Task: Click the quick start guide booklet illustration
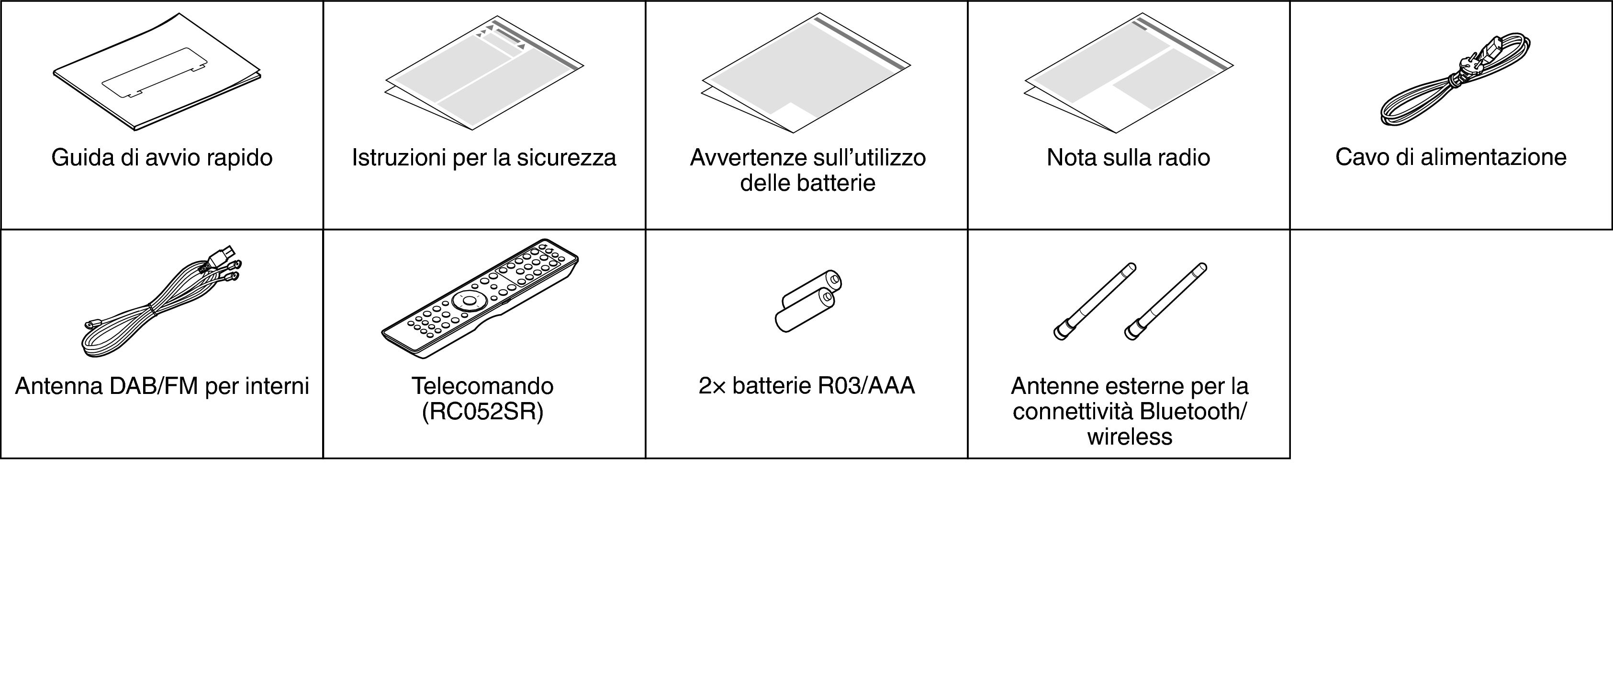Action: (x=157, y=72)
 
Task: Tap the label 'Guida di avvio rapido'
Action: (x=162, y=158)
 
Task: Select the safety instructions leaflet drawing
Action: (x=484, y=72)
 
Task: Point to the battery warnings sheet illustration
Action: (x=806, y=72)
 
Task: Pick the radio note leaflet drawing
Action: (x=1128, y=72)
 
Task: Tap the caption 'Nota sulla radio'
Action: (x=1128, y=158)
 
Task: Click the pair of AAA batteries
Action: (x=808, y=300)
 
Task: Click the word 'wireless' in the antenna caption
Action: (x=1129, y=437)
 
